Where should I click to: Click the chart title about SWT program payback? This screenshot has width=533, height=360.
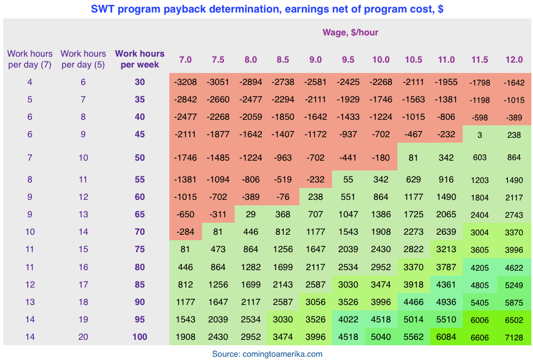tap(267, 9)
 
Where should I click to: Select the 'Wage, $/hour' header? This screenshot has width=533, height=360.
tap(350, 32)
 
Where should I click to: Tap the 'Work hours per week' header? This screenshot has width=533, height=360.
tap(139, 59)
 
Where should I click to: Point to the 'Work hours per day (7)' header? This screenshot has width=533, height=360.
tap(30, 59)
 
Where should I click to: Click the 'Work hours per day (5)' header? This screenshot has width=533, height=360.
tap(83, 59)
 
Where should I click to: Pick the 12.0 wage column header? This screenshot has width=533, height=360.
tap(514, 59)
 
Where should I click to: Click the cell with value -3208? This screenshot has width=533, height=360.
tap(186, 82)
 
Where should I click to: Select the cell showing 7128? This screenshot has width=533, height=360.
tap(514, 338)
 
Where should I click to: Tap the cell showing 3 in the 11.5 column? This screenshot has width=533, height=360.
tap(480, 135)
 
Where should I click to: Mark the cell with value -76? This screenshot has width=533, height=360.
tap(283, 197)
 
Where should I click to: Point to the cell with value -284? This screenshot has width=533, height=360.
tap(186, 232)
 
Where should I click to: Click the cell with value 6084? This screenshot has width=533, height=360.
tap(446, 337)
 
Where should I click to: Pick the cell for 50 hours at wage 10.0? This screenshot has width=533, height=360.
tap(381, 158)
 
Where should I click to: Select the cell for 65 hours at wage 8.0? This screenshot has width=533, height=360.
tap(250, 215)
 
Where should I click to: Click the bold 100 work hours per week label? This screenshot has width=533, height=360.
tap(139, 337)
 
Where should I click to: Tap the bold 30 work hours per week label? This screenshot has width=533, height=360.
tap(139, 82)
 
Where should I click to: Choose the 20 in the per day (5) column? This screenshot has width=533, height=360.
tap(83, 337)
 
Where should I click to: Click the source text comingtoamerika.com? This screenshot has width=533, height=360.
tap(267, 354)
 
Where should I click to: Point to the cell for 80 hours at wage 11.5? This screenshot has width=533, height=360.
tap(480, 267)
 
